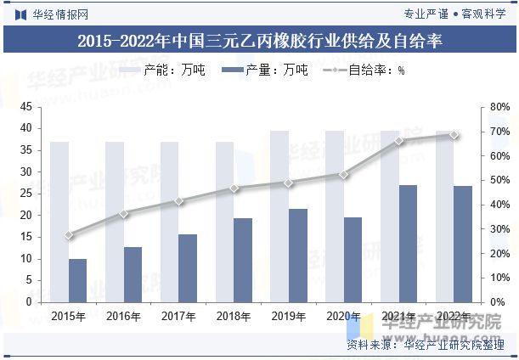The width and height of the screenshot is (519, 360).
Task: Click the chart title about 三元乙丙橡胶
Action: click(259, 40)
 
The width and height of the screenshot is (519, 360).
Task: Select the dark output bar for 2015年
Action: click(77, 280)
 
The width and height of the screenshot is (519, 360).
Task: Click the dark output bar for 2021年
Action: click(408, 244)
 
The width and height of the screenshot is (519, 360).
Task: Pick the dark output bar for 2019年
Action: click(298, 255)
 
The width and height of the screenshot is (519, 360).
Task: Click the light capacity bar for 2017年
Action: click(169, 222)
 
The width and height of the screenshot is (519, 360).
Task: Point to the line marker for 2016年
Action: click(124, 213)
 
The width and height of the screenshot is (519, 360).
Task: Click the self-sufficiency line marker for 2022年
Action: click(454, 134)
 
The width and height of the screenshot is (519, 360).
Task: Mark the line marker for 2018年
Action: click(234, 188)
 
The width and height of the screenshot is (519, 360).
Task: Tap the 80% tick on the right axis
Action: click(499, 107)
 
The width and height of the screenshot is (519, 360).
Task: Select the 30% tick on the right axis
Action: click(499, 228)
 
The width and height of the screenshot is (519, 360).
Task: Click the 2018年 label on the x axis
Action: click(234, 316)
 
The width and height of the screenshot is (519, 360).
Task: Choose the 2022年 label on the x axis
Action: click(454, 316)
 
